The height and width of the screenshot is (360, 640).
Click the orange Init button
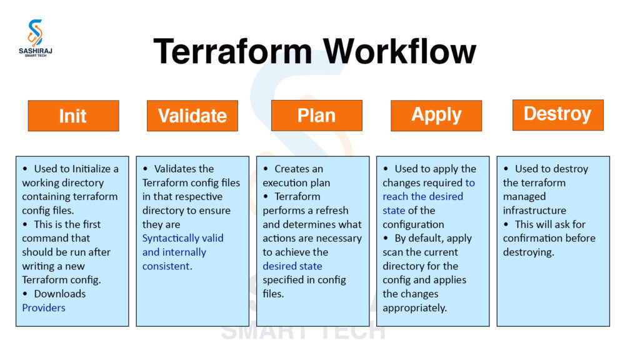point(73,116)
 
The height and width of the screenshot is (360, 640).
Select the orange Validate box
point(192,116)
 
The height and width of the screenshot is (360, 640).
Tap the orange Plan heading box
point(316,115)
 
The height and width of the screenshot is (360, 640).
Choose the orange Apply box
point(436,115)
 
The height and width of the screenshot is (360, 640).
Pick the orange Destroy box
point(557,114)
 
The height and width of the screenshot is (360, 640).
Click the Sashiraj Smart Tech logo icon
point(36,32)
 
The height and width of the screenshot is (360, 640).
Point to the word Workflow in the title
point(399,51)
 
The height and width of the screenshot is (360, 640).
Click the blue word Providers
point(44,307)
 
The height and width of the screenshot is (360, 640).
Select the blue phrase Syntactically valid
point(182,238)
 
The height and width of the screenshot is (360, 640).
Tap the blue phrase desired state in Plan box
point(292,266)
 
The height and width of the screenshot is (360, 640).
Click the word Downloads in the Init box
point(60,294)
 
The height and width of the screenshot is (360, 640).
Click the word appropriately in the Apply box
point(414,307)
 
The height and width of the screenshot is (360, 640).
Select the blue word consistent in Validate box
point(166,266)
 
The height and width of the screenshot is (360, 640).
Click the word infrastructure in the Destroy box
point(534,211)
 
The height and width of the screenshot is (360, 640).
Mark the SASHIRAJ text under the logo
point(36,52)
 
